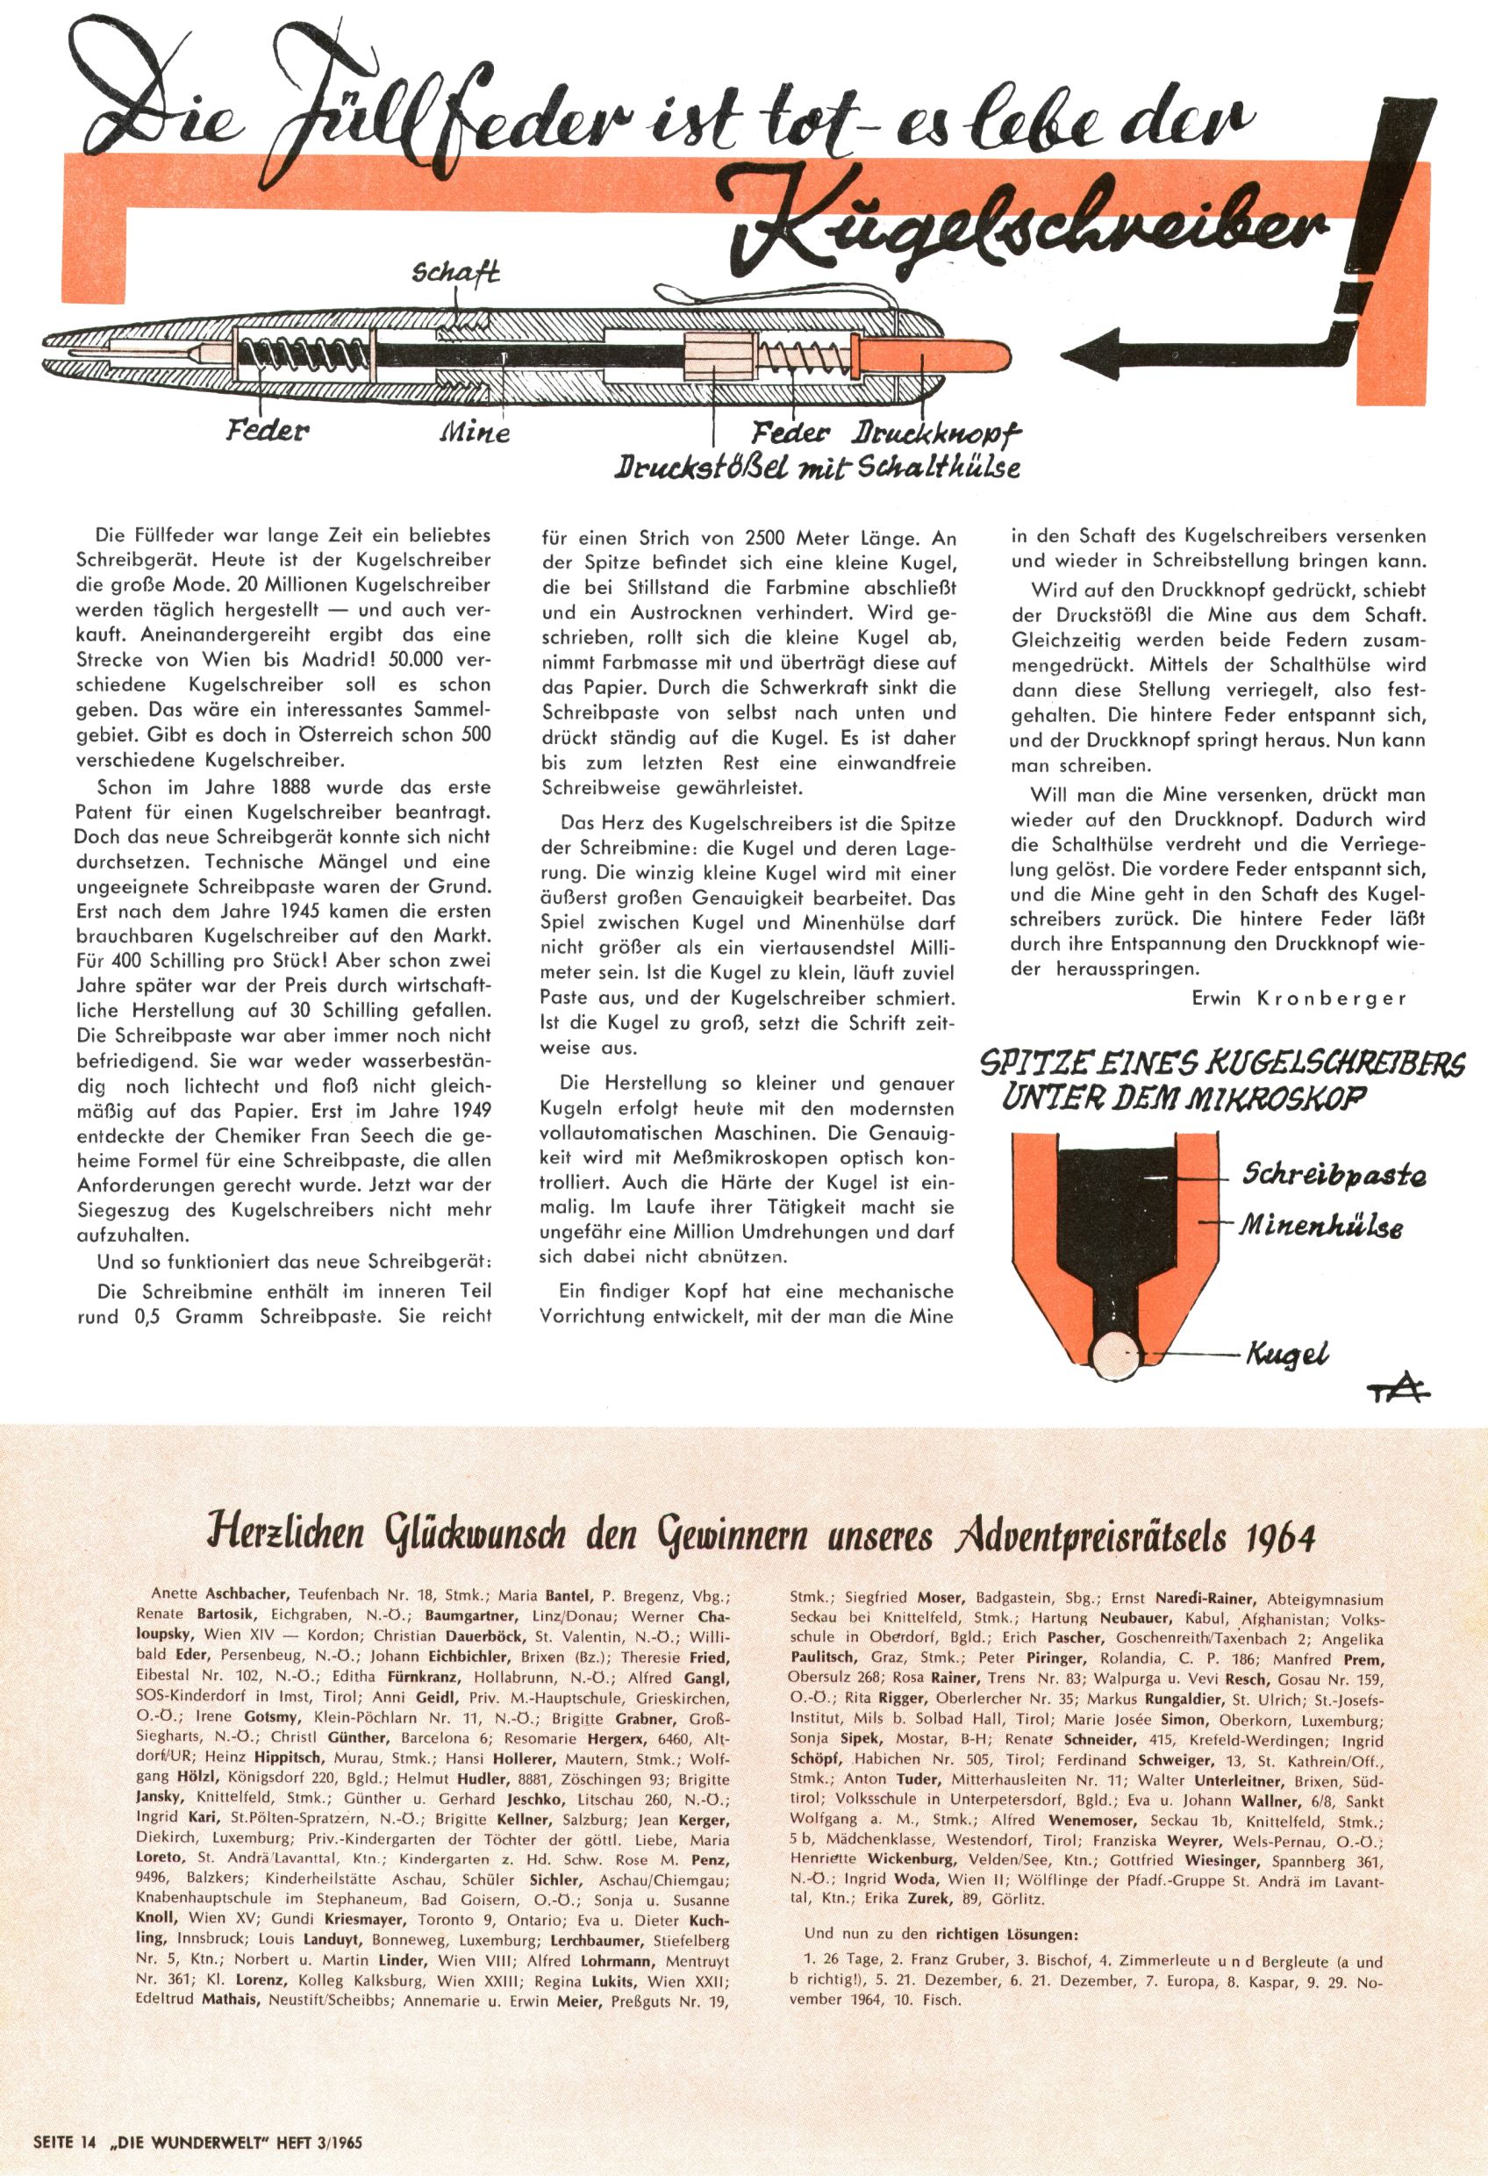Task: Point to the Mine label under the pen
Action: click(x=475, y=433)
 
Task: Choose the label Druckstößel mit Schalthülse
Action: click(x=816, y=465)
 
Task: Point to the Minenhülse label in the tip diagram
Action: click(x=1321, y=1226)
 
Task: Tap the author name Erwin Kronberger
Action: click(x=1298, y=999)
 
